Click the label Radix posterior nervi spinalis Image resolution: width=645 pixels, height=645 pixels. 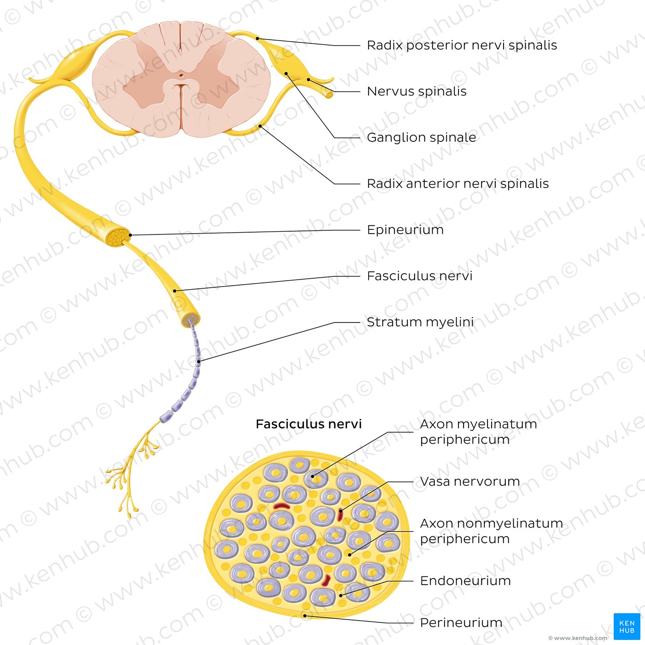coord(462,45)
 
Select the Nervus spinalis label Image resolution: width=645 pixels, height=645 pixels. coord(417,91)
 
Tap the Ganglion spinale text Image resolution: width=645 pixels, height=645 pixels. coord(422,137)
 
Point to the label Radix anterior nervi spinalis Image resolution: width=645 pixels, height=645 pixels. coord(458,183)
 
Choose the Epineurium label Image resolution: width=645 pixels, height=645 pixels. coord(405,229)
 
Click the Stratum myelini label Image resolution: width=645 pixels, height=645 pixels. coord(421,322)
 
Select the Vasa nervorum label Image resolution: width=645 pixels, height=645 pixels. coord(470,481)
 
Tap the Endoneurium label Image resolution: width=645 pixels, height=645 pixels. coord(466,581)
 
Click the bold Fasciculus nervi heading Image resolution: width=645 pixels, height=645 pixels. coord(309,424)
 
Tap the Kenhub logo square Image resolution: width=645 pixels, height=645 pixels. coord(627,627)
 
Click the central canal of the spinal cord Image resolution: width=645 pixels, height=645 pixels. coord(181,75)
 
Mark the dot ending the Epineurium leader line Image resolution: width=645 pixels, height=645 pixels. coord(130,235)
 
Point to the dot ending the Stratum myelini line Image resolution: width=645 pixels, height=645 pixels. coord(199,362)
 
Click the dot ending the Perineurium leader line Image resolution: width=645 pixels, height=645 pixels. coord(305,616)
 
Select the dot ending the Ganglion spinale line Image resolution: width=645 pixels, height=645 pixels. coord(286,73)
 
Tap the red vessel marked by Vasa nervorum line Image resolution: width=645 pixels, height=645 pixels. coord(340,515)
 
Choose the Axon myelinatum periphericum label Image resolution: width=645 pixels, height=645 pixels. coord(478,432)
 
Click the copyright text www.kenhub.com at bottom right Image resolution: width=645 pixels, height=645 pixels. coord(578,638)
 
